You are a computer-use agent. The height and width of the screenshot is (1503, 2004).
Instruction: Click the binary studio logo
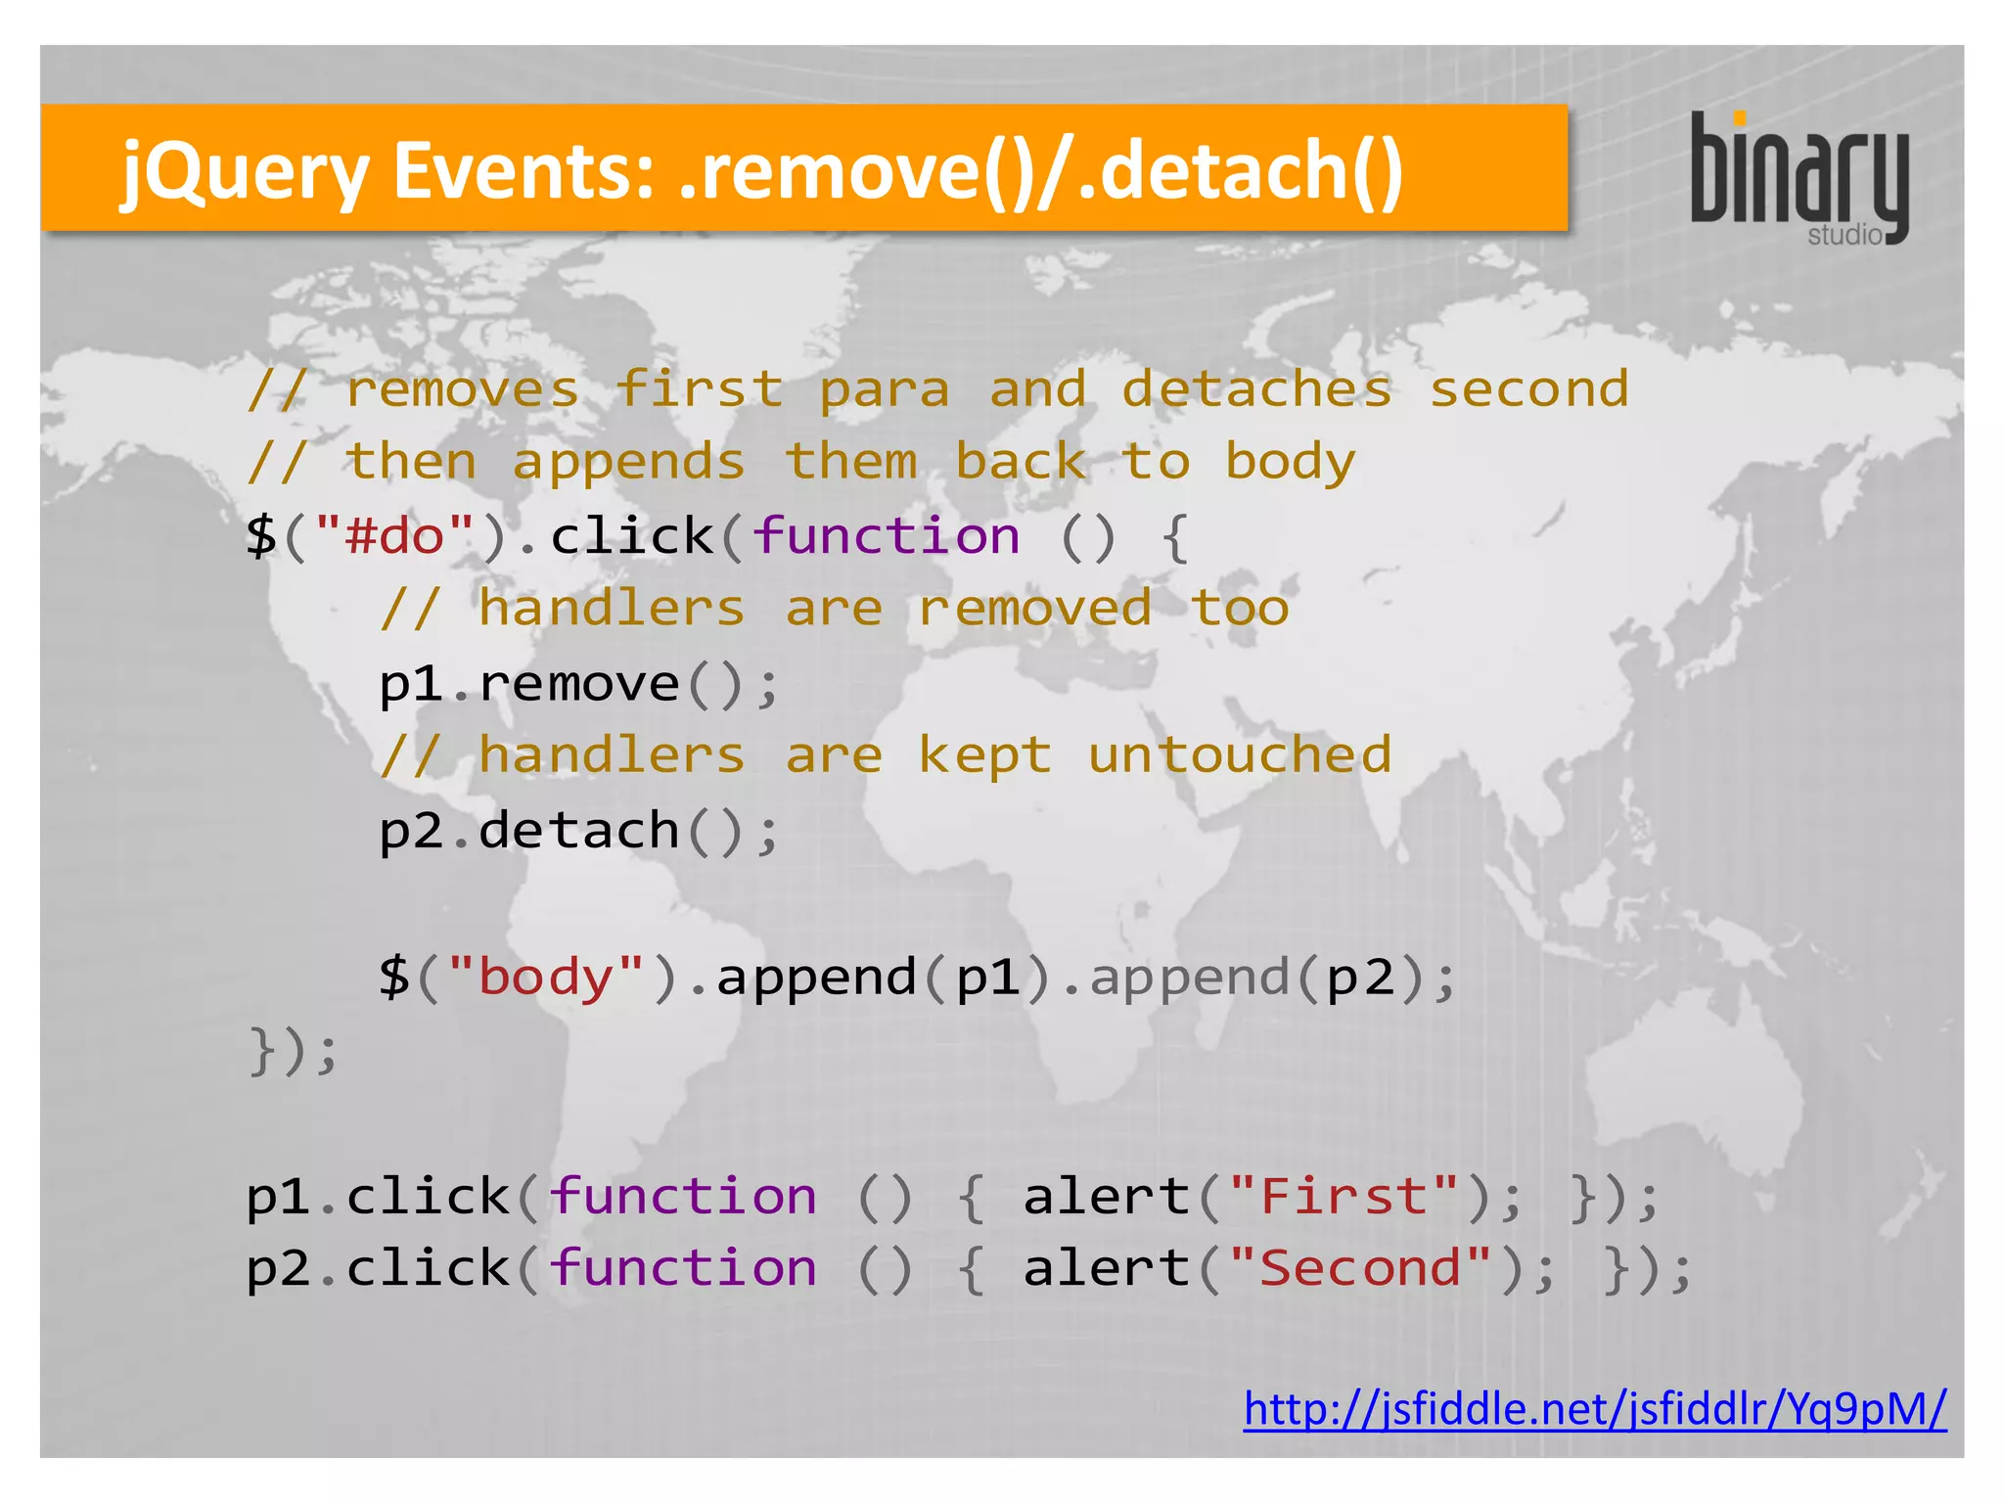coord(1799,177)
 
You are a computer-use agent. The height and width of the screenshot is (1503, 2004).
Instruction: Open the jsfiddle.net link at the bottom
coord(1594,1410)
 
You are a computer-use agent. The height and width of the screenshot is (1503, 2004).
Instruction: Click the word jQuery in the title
coord(244,172)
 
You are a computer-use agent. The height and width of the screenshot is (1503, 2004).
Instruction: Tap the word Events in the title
coord(524,170)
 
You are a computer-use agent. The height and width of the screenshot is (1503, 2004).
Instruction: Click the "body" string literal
coord(546,977)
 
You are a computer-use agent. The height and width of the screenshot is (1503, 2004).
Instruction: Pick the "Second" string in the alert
coord(1360,1268)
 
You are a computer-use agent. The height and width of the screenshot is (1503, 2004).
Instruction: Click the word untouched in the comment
coord(1239,755)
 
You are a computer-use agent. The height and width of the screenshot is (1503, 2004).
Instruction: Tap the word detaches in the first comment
coord(1256,389)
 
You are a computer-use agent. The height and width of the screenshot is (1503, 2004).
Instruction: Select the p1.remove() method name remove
coord(578,683)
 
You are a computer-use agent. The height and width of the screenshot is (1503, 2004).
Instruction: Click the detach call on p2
coord(578,830)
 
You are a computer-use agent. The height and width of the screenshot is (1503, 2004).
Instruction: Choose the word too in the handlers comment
coord(1240,609)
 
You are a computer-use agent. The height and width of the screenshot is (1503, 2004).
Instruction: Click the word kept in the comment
coord(984,755)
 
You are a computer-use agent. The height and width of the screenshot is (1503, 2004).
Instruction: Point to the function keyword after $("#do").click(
coord(886,536)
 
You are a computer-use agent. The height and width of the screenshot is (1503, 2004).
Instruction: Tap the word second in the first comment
coord(1529,389)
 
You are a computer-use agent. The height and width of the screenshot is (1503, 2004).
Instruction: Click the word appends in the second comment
coord(628,462)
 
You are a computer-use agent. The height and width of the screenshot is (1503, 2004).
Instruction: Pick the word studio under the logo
coord(1845,236)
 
